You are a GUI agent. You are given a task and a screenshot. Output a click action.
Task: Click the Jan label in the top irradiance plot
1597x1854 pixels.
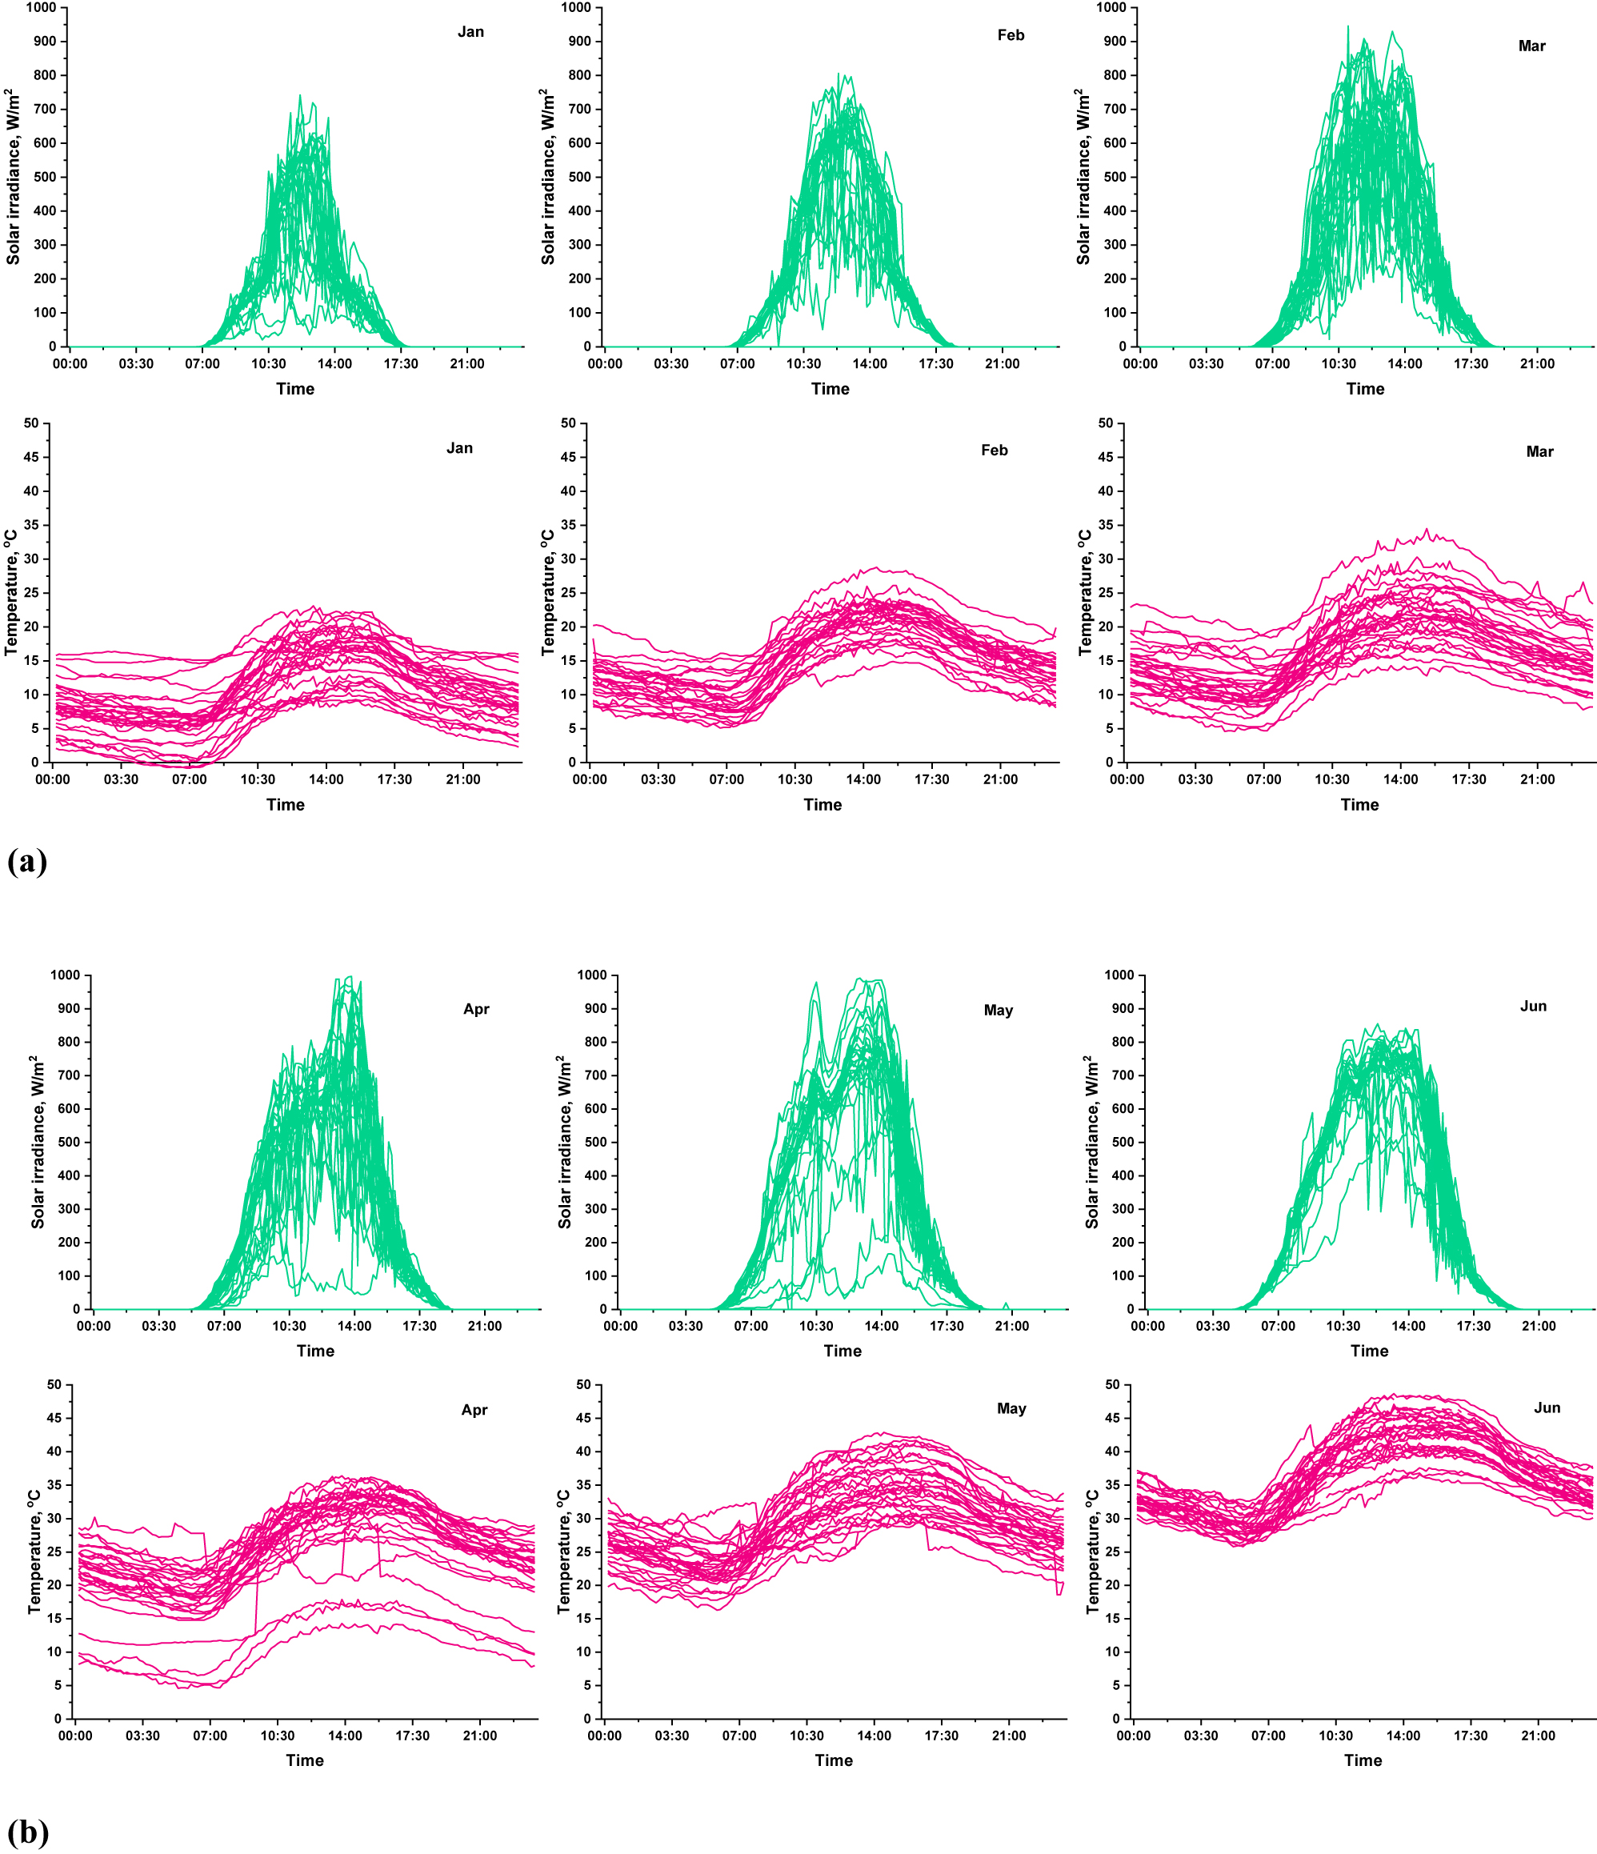(x=470, y=32)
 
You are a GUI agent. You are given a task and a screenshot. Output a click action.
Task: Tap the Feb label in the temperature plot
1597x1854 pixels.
(x=994, y=450)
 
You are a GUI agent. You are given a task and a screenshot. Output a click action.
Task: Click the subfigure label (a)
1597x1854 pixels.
(x=27, y=861)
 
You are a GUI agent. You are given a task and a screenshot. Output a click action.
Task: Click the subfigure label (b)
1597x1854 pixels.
(x=28, y=1832)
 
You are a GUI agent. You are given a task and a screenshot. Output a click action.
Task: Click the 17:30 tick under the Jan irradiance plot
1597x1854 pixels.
(x=401, y=364)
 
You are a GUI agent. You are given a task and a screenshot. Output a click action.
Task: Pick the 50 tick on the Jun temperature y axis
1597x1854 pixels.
(x=1112, y=1384)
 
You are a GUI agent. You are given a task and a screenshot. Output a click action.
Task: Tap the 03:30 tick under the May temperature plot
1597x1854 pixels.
(x=672, y=1736)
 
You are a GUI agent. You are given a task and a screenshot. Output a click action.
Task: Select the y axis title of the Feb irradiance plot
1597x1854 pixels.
(x=547, y=176)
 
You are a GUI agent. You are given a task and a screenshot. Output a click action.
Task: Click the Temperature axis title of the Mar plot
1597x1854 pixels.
(x=1084, y=592)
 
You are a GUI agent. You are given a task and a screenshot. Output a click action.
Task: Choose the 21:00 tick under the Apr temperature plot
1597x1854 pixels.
(x=479, y=1736)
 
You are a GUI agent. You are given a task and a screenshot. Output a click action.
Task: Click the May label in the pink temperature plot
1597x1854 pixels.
(x=1011, y=1408)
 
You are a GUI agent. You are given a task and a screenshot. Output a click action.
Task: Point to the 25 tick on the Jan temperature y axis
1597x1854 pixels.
(x=32, y=593)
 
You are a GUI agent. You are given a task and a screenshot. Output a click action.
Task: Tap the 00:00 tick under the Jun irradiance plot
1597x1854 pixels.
(x=1147, y=1326)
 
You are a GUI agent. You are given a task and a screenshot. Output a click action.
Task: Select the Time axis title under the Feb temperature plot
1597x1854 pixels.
(x=823, y=805)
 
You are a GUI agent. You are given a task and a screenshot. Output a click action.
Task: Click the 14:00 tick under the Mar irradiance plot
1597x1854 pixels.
(x=1405, y=364)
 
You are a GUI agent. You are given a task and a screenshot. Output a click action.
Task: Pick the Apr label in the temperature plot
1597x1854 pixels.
(x=474, y=1410)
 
